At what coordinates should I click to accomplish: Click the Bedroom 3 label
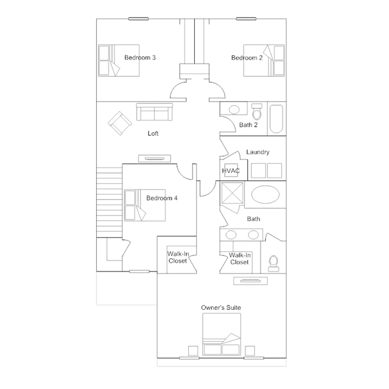click(140, 58)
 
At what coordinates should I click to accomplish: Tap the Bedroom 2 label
click(247, 58)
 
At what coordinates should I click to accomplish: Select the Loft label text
click(153, 133)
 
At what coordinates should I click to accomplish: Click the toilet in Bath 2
click(257, 112)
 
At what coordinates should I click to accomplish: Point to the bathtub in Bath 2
click(276, 119)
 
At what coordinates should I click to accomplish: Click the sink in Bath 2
click(234, 110)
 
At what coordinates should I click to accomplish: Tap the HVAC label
click(231, 170)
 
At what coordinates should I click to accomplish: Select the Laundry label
click(258, 152)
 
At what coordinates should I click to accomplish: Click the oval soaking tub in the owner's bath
click(265, 195)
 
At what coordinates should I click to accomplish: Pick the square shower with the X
click(232, 193)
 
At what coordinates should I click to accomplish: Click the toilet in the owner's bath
click(273, 263)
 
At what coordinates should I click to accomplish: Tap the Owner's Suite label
click(221, 307)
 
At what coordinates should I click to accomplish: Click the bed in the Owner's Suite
click(222, 334)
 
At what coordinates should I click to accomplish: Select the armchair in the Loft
click(119, 123)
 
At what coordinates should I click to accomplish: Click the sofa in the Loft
click(154, 112)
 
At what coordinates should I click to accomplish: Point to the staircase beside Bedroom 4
click(109, 202)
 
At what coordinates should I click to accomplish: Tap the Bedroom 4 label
click(162, 198)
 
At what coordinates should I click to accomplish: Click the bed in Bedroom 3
click(119, 60)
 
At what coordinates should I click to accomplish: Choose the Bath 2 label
click(248, 125)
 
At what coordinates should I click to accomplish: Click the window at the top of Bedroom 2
click(246, 19)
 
